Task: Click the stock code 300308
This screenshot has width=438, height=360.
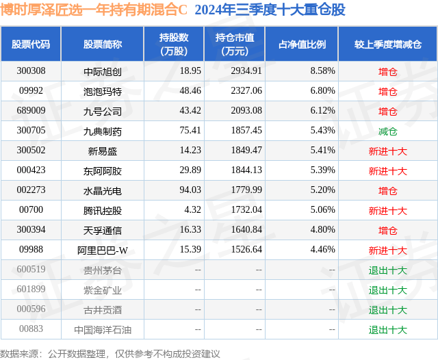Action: [31, 71]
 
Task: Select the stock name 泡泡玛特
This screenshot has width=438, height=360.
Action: [103, 91]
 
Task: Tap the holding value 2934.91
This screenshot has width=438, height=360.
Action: [246, 71]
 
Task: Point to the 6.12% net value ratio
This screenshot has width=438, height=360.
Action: [322, 111]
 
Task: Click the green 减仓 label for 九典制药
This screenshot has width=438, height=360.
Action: [388, 131]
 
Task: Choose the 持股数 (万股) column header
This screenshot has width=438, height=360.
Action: [174, 44]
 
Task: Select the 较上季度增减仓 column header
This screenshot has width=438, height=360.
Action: [388, 44]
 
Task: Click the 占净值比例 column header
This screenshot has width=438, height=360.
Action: [302, 44]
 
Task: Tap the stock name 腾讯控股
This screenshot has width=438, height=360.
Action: [103, 211]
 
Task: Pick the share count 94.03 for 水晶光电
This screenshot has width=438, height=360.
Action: [190, 190]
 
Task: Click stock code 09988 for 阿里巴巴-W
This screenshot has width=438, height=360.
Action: [31, 249]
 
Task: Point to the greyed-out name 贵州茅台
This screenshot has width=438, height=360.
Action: [103, 270]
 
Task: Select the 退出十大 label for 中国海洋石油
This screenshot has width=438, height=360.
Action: [388, 330]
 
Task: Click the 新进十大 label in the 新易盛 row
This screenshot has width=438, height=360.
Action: [388, 151]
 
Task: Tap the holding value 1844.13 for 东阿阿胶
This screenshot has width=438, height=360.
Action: [246, 170]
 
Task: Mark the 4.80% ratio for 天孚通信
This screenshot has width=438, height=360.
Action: [322, 229]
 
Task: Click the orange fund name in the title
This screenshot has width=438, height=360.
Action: [94, 10]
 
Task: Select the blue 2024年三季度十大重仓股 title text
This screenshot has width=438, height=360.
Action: [270, 10]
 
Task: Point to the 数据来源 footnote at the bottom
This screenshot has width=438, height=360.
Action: [109, 354]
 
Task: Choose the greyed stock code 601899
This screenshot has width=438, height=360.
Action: [31, 289]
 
